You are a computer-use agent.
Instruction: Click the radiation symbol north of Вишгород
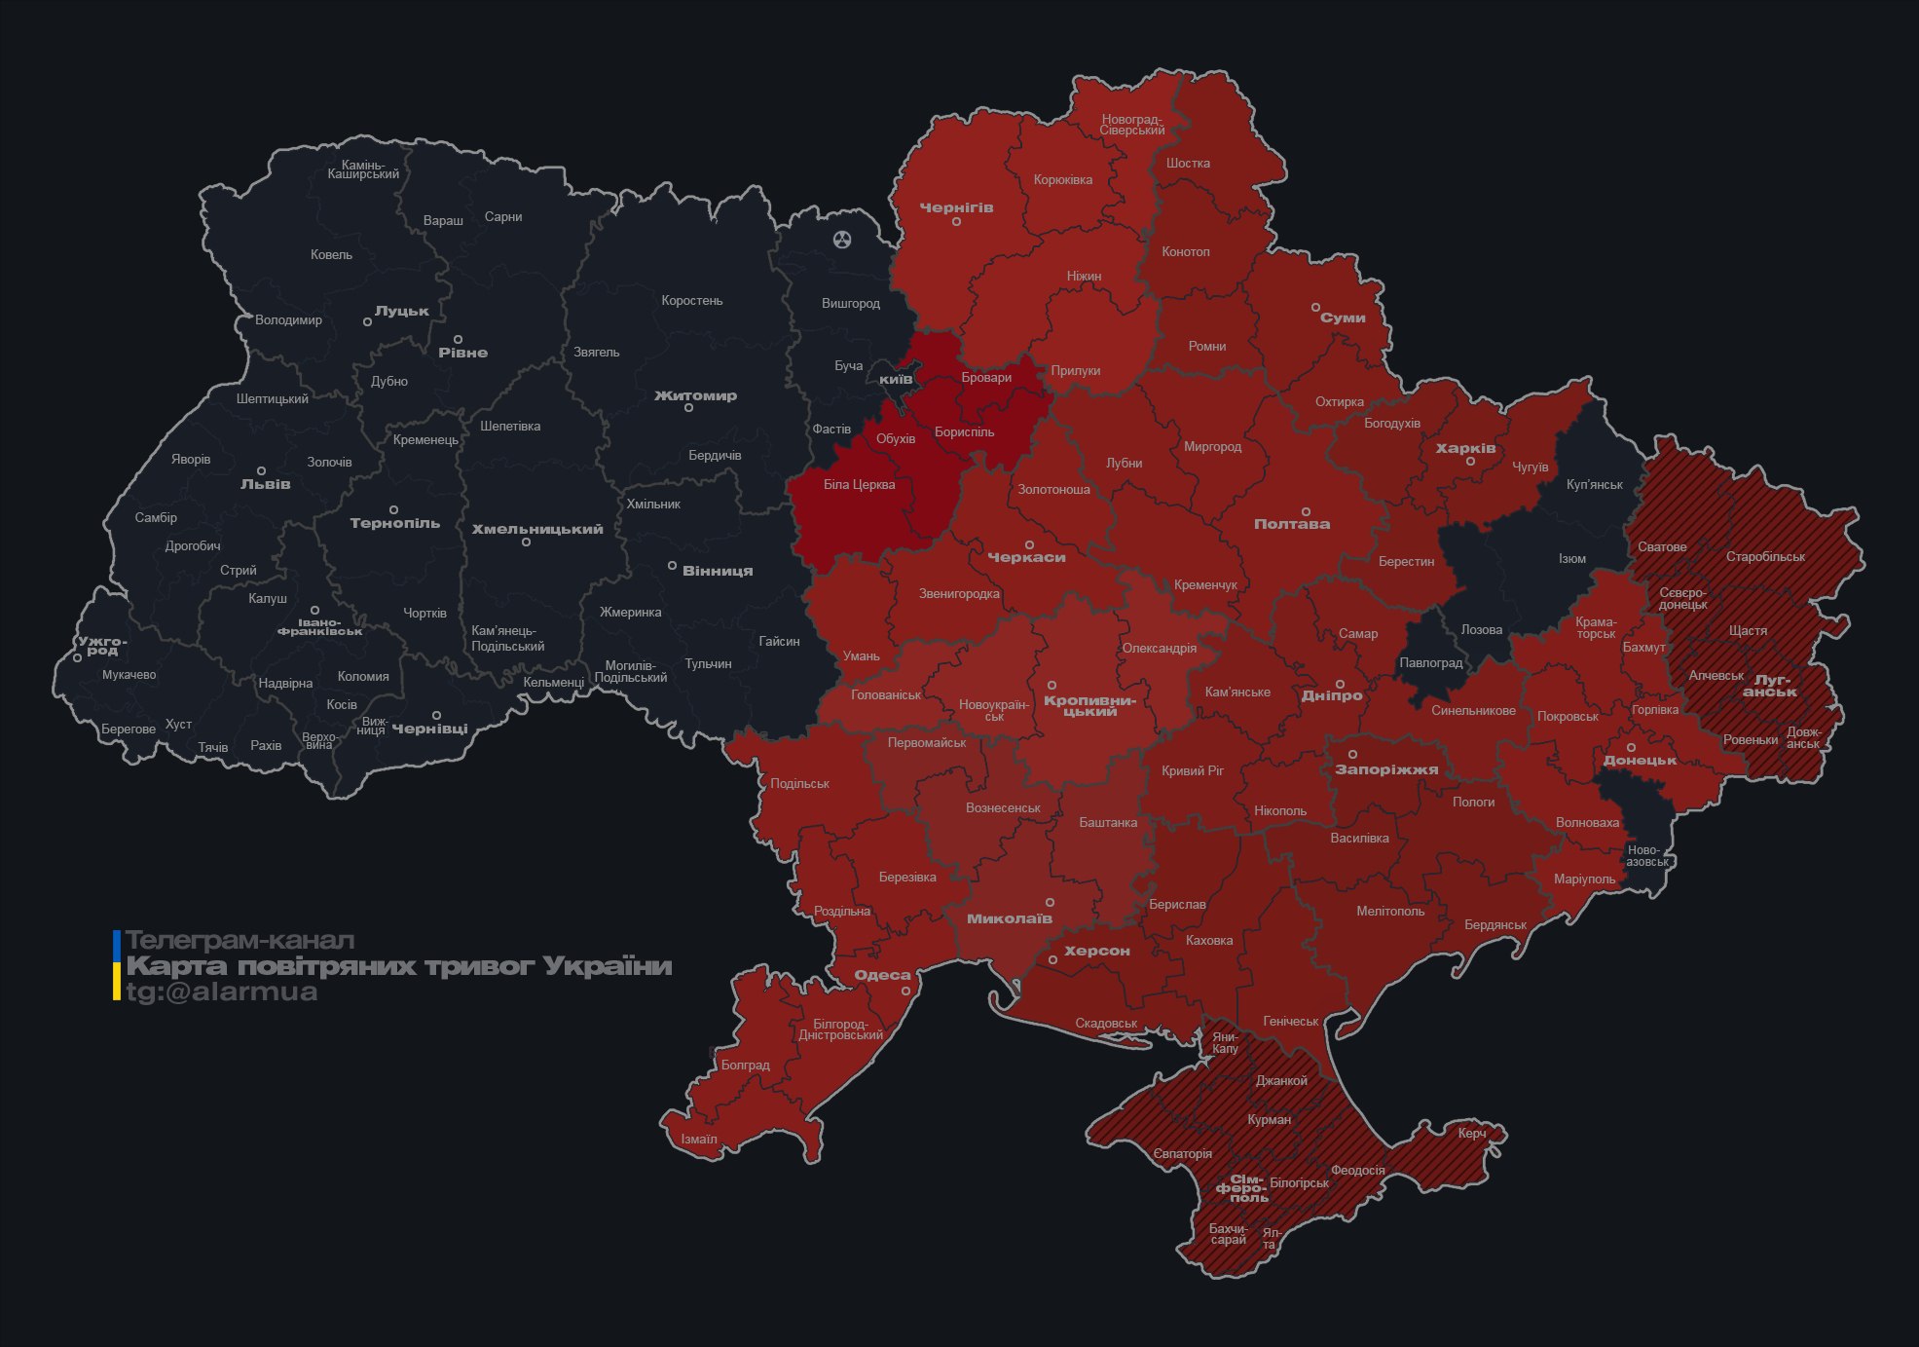point(842,239)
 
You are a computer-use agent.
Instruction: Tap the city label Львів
point(266,484)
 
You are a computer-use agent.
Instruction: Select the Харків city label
point(1465,449)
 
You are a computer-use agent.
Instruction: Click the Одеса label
point(882,975)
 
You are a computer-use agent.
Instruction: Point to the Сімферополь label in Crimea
point(1242,1188)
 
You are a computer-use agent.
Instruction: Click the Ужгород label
point(102,646)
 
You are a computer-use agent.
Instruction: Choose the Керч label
point(1472,1133)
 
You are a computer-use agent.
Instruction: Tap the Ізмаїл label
point(699,1139)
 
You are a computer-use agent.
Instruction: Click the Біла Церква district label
point(859,484)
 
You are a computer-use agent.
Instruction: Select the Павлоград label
point(1430,663)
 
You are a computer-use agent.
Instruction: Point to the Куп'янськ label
point(1594,484)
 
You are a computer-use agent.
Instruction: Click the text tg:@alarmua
point(222,992)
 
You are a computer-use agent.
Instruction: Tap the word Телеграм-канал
point(240,941)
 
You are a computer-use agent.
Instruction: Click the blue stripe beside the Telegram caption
point(117,943)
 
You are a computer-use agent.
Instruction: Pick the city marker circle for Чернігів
point(956,222)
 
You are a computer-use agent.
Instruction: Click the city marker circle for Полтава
point(1306,511)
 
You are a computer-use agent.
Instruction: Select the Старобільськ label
point(1765,557)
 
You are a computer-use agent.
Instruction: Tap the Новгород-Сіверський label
point(1131,125)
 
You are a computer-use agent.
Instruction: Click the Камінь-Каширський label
point(363,169)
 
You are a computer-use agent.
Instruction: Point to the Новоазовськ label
point(1646,856)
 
